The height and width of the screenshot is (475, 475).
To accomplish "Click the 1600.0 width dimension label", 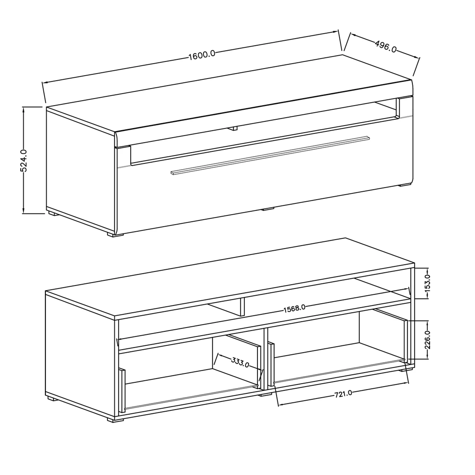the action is (x=202, y=55).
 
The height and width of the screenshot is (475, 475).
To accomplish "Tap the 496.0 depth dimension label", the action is (x=386, y=47).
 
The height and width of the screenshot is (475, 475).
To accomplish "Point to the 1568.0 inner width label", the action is (x=294, y=308).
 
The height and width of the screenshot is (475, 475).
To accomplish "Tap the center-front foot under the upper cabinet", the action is (x=268, y=209).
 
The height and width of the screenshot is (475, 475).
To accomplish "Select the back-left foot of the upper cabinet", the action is (x=52, y=213).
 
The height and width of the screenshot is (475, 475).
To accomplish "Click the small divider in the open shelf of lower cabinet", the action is (x=242, y=307).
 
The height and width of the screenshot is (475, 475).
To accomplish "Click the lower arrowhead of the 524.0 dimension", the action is (x=24, y=211).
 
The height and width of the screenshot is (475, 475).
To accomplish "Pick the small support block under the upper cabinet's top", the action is (x=232, y=128).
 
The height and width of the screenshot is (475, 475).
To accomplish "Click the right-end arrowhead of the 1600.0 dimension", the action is (x=335, y=32).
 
